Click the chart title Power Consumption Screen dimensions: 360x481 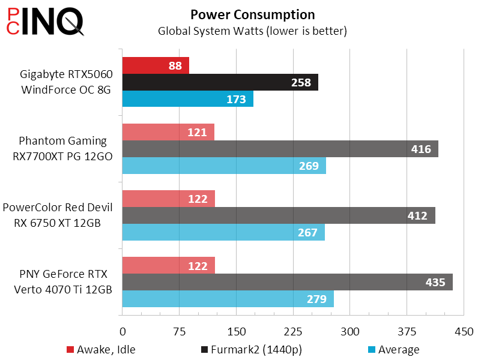coord(252,14)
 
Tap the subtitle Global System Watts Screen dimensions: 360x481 coord(252,30)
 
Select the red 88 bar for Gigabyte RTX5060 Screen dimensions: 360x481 coord(156,65)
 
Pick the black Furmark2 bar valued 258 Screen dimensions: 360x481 coord(220,82)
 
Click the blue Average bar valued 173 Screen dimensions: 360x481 coord(188,99)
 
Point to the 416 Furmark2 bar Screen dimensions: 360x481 coord(280,149)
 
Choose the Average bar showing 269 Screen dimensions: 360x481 coord(224,166)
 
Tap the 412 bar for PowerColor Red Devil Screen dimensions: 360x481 coord(279,215)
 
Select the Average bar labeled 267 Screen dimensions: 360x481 coord(223,232)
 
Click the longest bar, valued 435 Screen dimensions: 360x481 coord(287,282)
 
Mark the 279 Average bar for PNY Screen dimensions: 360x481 coord(228,299)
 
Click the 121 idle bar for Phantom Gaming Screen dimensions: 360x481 coord(168,132)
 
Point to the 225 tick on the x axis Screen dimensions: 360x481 coord(293,332)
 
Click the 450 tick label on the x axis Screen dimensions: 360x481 coord(464,332)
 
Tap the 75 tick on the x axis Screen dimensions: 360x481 coord(179,332)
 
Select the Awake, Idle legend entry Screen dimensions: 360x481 coord(100,350)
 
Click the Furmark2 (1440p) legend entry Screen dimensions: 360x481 coord(244,350)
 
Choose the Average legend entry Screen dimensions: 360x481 coord(393,350)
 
